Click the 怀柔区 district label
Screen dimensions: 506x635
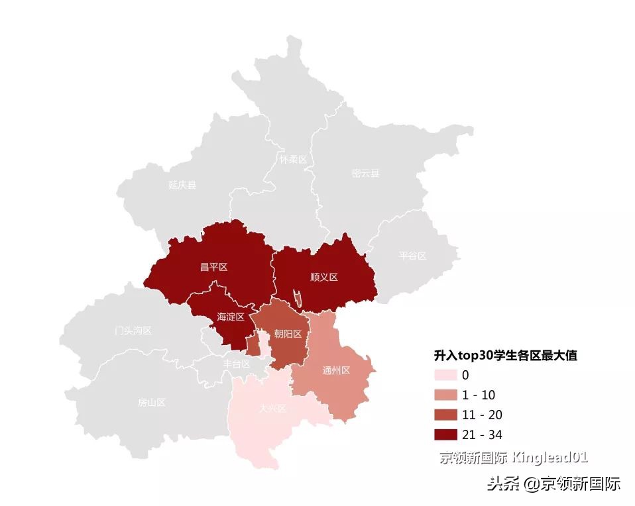(292, 160)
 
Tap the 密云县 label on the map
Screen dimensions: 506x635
(365, 174)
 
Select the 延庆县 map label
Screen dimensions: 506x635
(182, 185)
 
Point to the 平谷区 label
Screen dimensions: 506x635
(412, 256)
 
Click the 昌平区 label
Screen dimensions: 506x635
(213, 267)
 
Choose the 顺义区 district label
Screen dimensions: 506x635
(323, 277)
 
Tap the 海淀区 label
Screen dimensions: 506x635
(231, 317)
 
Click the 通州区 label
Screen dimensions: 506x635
(335, 370)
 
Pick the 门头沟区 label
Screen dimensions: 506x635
(133, 330)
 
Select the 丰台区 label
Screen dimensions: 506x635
(237, 364)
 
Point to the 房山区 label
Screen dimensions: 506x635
(151, 402)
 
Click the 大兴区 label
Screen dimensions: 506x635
(272, 409)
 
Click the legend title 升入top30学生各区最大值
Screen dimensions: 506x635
(504, 356)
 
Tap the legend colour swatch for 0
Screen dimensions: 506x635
(445, 375)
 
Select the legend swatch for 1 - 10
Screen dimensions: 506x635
(445, 395)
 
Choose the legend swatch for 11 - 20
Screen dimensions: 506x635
(445, 415)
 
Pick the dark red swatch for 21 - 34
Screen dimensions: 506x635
(445, 434)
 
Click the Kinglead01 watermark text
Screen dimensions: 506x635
(550, 457)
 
